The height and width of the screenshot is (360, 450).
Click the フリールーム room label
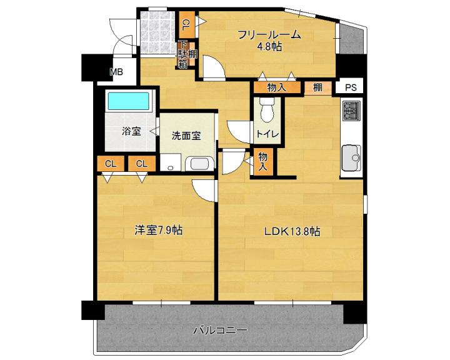269,35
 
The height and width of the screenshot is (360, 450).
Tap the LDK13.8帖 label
292,231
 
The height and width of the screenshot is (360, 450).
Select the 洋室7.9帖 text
158,230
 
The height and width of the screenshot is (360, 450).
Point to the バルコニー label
220,330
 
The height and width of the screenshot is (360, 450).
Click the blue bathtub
128,101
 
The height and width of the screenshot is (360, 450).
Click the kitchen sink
351,157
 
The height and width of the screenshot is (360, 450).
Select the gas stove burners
351,111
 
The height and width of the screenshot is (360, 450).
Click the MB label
117,72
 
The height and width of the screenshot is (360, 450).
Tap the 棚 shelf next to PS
317,87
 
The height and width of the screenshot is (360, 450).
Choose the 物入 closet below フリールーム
277,87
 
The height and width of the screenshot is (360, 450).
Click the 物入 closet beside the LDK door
263,161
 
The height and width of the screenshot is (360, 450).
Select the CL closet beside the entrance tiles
186,25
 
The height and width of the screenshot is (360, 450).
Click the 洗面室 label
186,136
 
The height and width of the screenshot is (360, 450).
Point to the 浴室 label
131,131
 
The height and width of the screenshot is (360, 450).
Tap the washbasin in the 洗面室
200,164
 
